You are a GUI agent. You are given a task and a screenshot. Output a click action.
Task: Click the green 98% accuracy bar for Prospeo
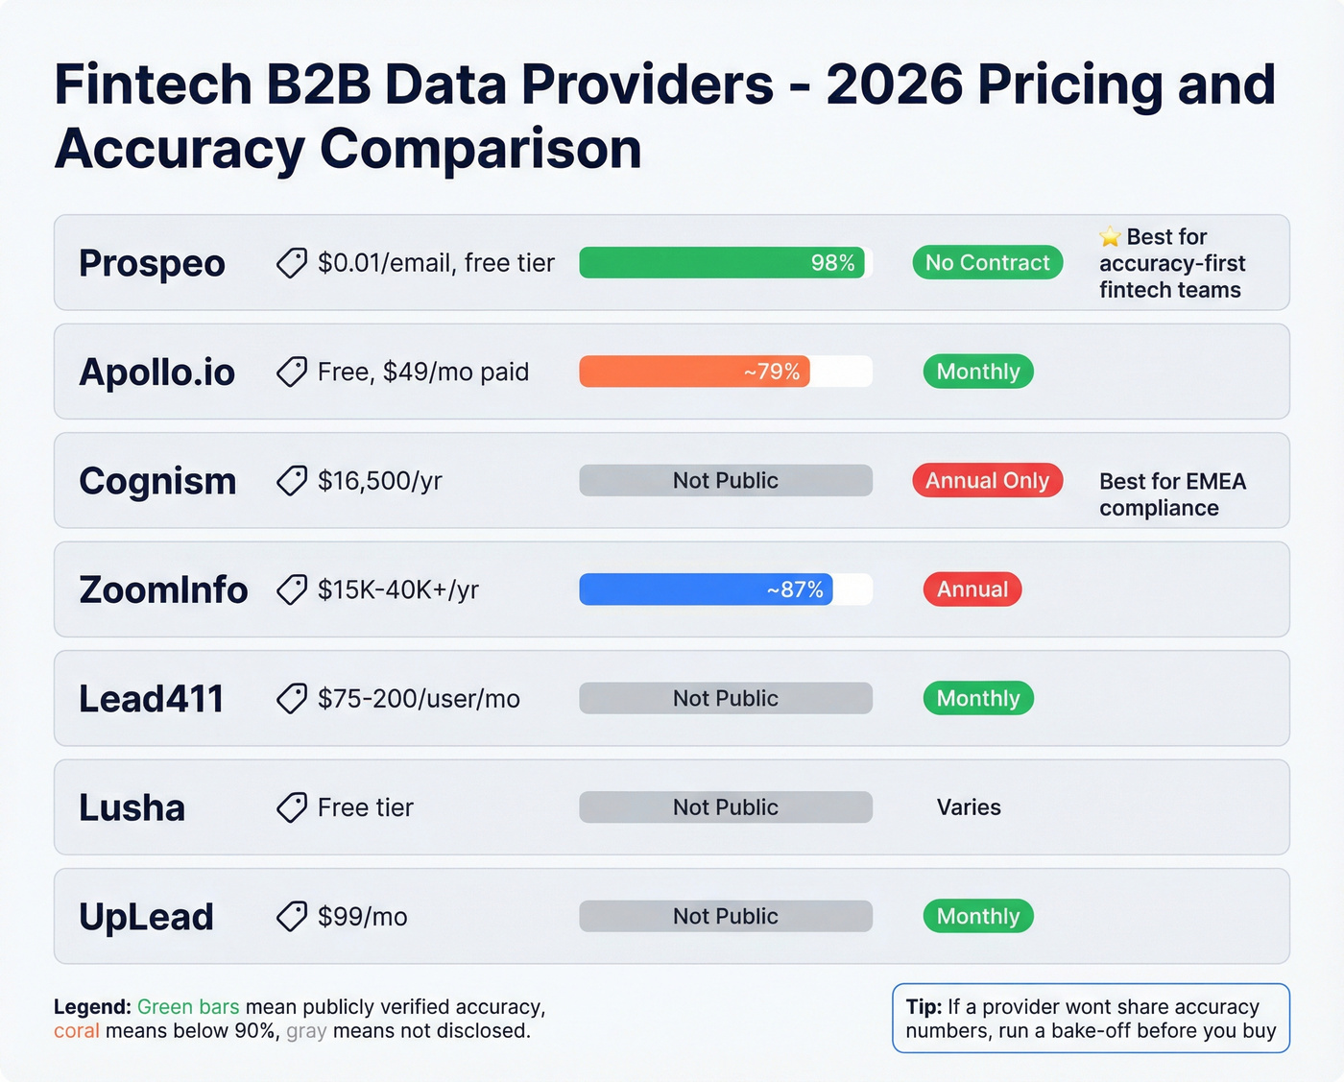point(722,263)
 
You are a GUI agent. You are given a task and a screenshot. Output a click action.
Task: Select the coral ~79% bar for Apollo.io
point(694,372)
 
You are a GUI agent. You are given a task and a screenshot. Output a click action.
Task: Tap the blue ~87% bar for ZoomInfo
point(706,589)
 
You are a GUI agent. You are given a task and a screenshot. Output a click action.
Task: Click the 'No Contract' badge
point(987,263)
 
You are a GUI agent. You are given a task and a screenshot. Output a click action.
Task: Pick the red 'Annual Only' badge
point(987,481)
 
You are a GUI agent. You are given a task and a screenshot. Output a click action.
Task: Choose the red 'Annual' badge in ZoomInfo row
point(972,589)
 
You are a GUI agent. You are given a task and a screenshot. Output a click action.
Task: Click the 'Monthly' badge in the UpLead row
point(977,916)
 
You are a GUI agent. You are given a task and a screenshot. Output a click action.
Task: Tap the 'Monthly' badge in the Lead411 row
point(977,699)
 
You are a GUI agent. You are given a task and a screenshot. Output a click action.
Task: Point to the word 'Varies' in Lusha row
point(968,807)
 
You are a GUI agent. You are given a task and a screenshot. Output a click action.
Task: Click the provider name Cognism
point(157,481)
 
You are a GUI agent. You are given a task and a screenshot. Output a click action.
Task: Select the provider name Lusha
point(132,808)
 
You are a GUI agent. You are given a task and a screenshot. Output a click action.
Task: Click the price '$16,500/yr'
point(379,481)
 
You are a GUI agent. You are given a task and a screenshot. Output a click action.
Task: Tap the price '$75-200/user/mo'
point(419,699)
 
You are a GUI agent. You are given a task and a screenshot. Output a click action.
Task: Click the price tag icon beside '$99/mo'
point(292,917)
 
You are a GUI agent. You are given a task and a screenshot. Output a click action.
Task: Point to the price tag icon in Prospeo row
point(292,263)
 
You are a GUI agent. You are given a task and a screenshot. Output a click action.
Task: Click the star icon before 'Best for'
point(1110,236)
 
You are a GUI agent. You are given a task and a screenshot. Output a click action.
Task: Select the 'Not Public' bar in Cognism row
point(725,481)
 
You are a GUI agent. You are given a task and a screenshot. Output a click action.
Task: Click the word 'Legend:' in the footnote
point(92,1007)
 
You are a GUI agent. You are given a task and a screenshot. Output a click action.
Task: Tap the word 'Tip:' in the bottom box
point(924,1007)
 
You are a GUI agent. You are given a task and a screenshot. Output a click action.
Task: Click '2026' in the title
point(894,85)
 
